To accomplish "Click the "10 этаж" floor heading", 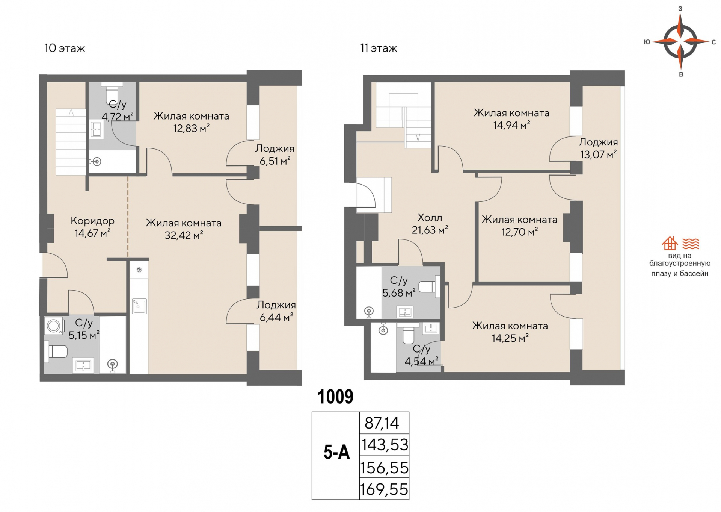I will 65,48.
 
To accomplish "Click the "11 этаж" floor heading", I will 379,48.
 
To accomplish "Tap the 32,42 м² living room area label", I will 184,236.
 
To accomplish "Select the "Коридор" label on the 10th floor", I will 92,221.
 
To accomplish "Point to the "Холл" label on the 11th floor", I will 430,217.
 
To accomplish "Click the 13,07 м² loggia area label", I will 598,155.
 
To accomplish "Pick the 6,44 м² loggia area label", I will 276,317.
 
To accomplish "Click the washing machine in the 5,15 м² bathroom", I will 54,326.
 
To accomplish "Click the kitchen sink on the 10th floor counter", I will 139,306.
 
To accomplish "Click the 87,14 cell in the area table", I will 382,423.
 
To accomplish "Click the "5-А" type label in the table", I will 336,453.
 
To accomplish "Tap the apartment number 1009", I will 335,397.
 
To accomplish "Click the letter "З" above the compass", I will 680,8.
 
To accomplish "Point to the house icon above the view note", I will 670,244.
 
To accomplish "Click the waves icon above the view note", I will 691,244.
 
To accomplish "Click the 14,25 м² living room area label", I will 510,338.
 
